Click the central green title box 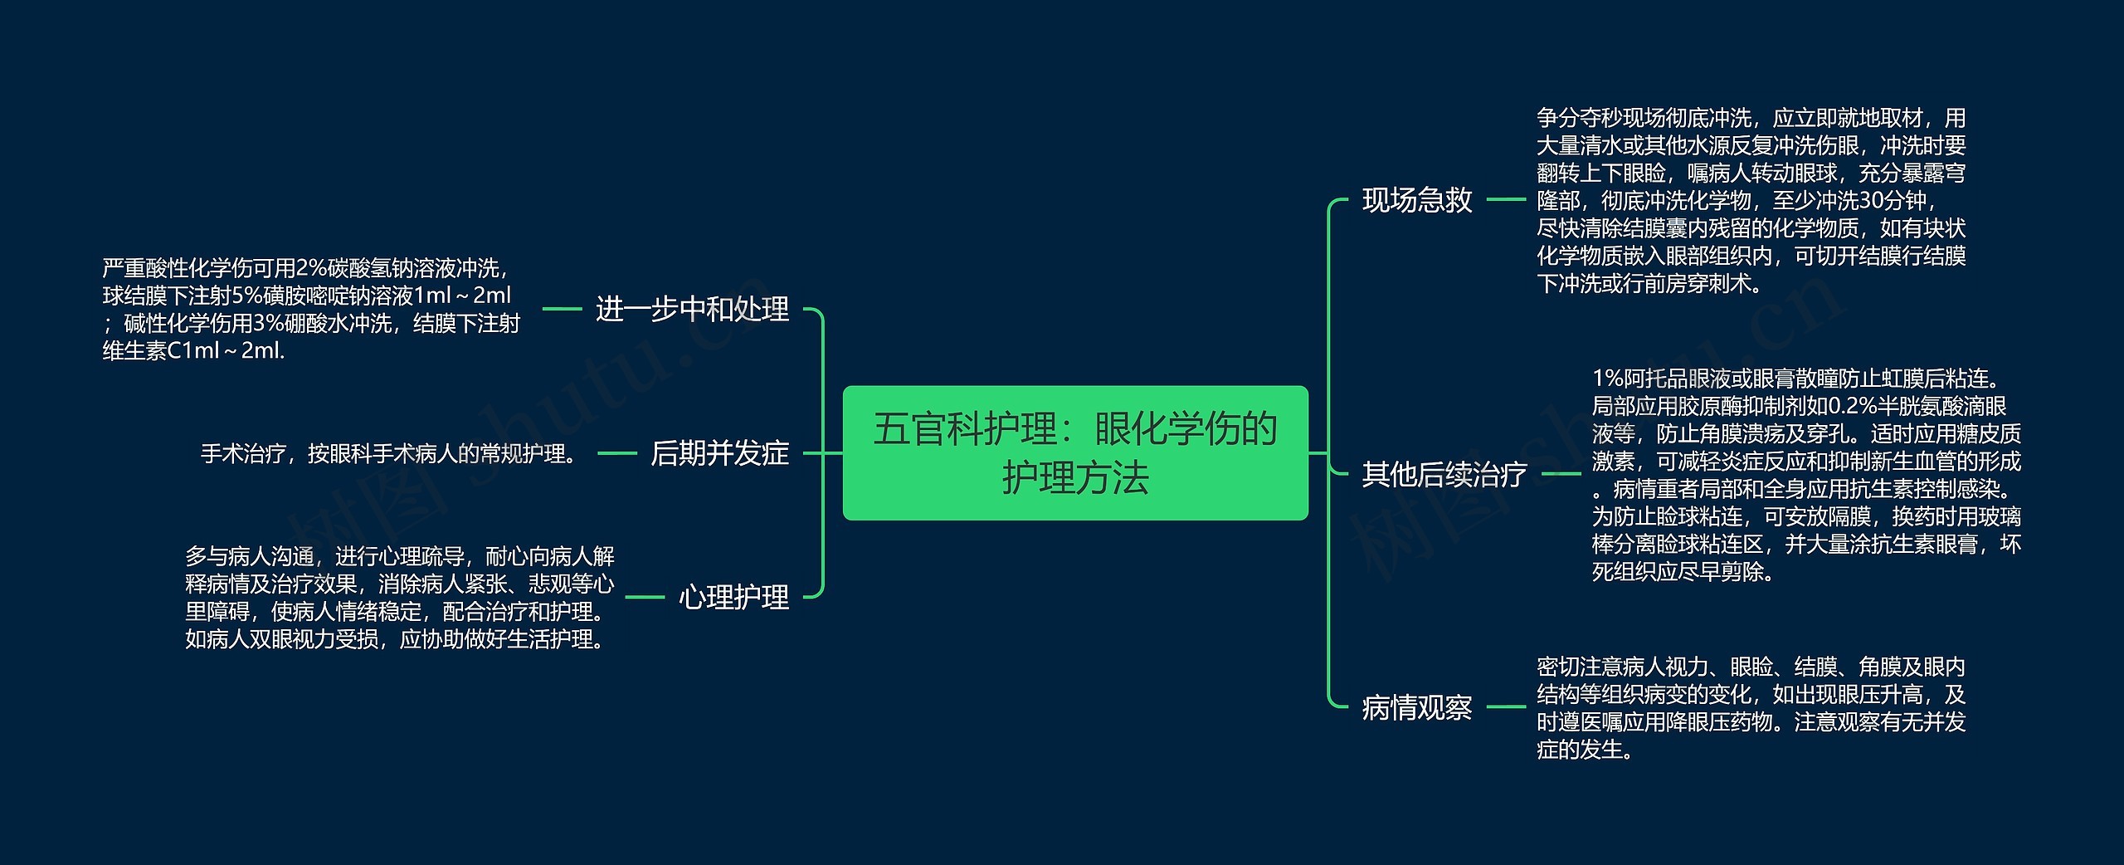(1075, 452)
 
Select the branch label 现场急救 (1417, 200)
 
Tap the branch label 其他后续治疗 (1444, 474)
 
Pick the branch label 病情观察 (1417, 708)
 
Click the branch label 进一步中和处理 (692, 310)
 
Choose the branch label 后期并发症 (719, 453)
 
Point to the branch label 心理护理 (733, 597)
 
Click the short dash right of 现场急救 (1506, 199)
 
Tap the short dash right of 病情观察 (1506, 707)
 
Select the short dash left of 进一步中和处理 (562, 309)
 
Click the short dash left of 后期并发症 (616, 453)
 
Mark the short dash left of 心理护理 (645, 597)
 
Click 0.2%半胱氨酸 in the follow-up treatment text (1917, 407)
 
